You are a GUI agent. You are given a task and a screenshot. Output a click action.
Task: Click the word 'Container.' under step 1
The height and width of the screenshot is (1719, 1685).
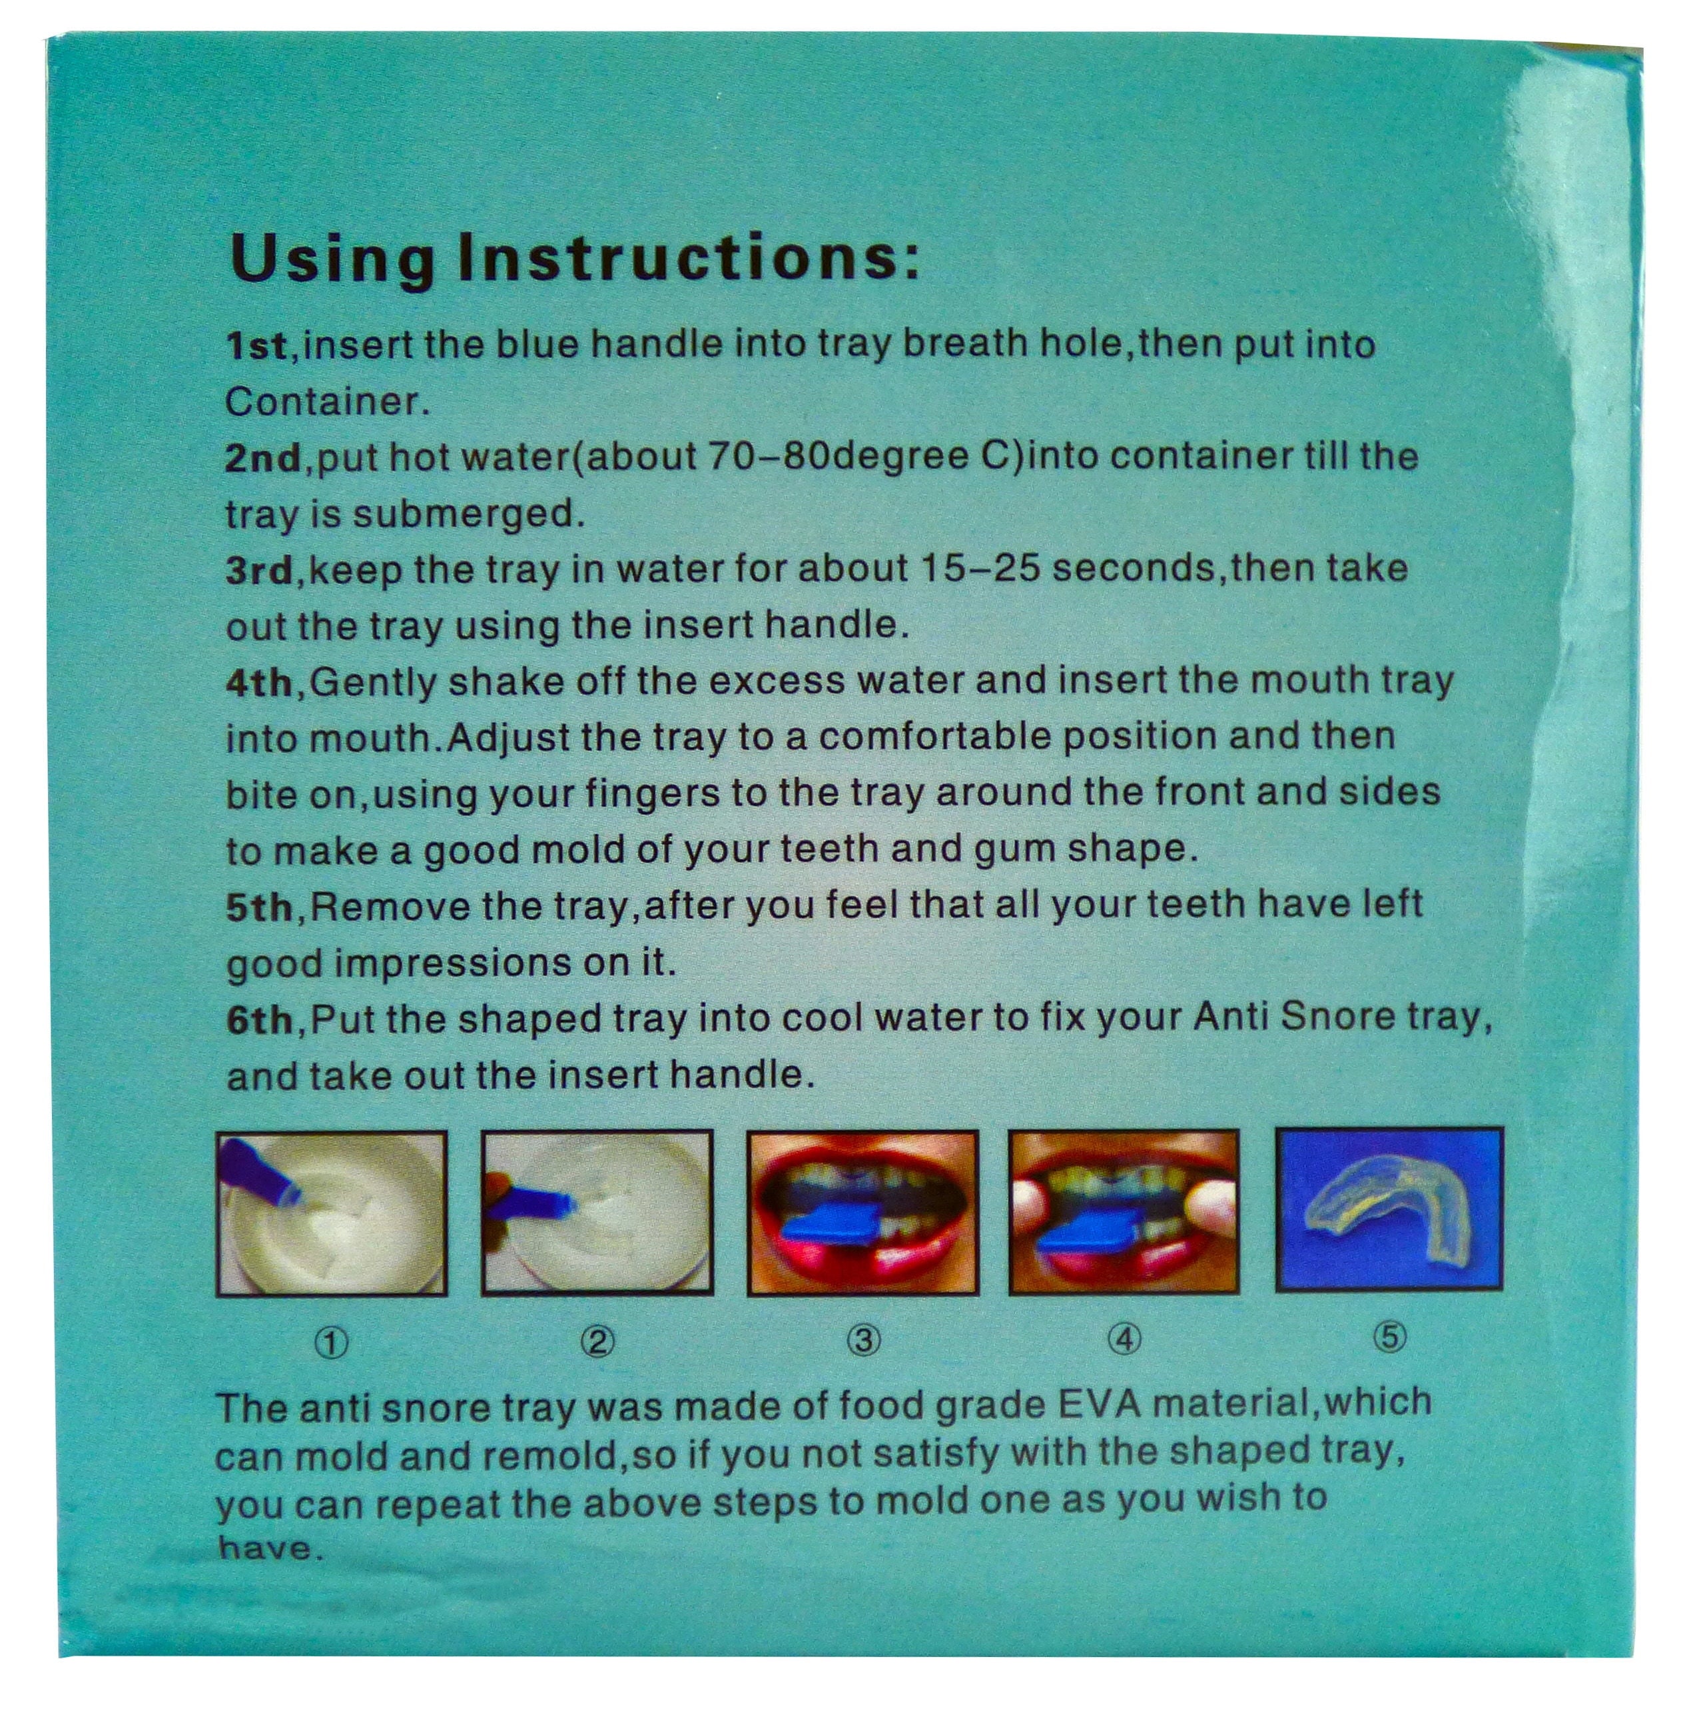pyautogui.click(x=328, y=402)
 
